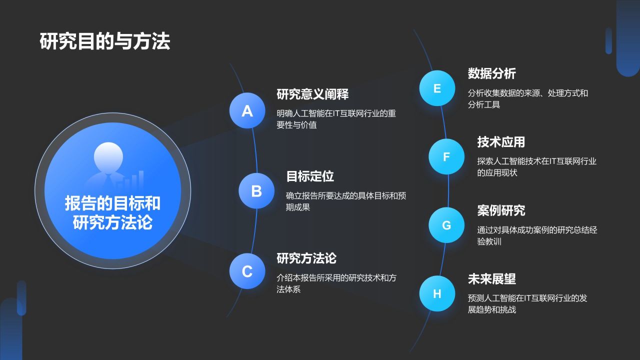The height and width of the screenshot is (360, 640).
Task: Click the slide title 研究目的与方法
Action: [104, 41]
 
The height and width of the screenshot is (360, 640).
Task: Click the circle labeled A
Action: [247, 110]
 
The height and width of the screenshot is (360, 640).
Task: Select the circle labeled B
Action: [256, 190]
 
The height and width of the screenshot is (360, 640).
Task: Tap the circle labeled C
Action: [247, 271]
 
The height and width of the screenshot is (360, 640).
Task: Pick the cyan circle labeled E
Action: [437, 88]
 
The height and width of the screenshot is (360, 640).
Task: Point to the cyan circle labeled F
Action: [446, 156]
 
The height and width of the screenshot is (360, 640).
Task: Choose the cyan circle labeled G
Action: [446, 225]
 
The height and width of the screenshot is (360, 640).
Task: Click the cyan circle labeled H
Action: [437, 293]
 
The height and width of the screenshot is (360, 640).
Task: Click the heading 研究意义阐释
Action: [312, 94]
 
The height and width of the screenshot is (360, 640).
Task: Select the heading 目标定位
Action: [309, 176]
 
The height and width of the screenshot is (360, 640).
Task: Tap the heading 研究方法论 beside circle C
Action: [306, 258]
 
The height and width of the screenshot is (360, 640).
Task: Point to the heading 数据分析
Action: [491, 73]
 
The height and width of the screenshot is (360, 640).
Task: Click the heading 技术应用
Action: [501, 142]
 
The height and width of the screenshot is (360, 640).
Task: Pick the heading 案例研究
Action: [501, 210]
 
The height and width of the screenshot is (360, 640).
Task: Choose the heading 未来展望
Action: [491, 278]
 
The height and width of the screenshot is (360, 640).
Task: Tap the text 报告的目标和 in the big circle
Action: [112, 203]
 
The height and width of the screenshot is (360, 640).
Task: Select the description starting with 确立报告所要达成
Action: [345, 201]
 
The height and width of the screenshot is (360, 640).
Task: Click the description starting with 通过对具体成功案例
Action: [537, 235]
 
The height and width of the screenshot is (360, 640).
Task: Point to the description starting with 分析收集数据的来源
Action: [527, 98]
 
